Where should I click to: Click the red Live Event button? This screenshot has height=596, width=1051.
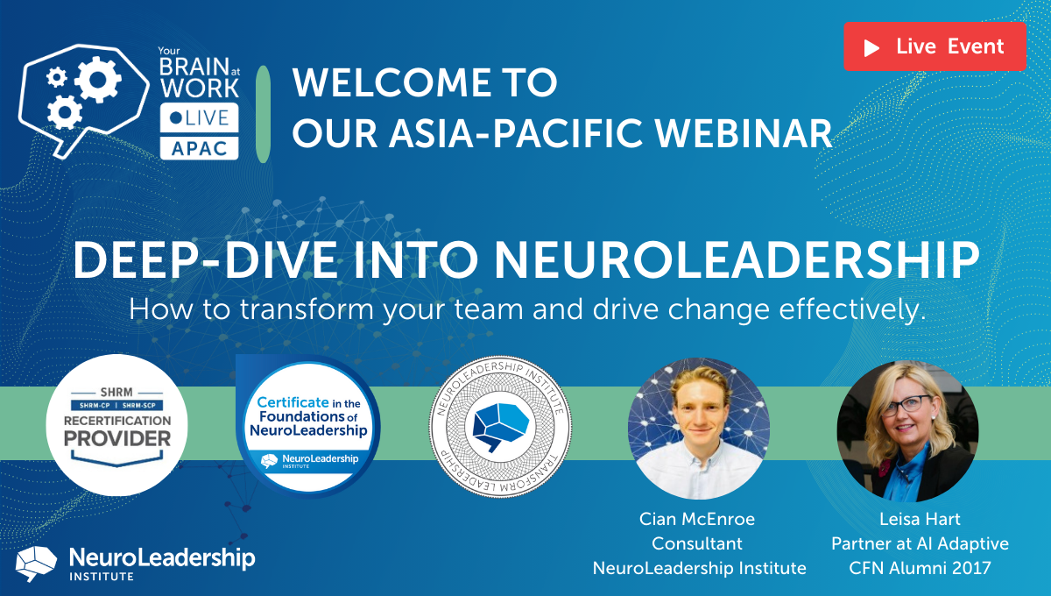click(x=935, y=46)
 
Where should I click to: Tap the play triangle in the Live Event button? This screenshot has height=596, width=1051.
click(x=871, y=47)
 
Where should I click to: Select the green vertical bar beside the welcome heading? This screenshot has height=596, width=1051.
click(x=262, y=113)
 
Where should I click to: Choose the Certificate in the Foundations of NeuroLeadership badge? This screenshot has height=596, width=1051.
click(x=307, y=425)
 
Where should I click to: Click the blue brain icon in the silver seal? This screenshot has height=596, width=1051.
click(x=500, y=425)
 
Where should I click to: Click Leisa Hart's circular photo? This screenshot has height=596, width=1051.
click(x=907, y=427)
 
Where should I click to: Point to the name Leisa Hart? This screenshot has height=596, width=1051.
click(x=920, y=519)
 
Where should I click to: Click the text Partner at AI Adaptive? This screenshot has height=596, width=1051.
click(x=920, y=543)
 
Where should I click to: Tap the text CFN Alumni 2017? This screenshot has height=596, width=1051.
click(x=920, y=568)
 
